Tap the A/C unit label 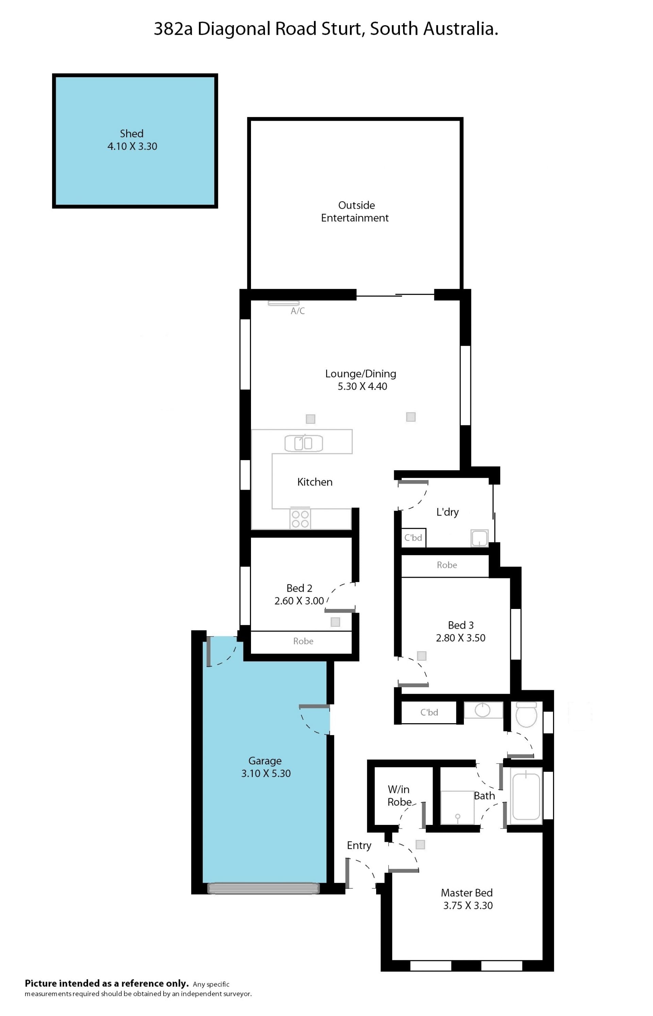pyautogui.click(x=298, y=311)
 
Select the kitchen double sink pyautogui.click(x=304, y=443)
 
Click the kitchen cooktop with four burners pyautogui.click(x=300, y=519)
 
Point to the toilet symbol pyautogui.click(x=526, y=715)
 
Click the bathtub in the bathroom pyautogui.click(x=526, y=796)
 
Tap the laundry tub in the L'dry pyautogui.click(x=480, y=538)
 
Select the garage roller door pyautogui.click(x=263, y=888)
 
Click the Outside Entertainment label pyautogui.click(x=355, y=211)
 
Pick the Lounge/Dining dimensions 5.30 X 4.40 pyautogui.click(x=363, y=386)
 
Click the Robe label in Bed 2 pyautogui.click(x=303, y=641)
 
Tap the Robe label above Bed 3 pyautogui.click(x=447, y=565)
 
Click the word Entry pyautogui.click(x=359, y=846)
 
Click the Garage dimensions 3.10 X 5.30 pyautogui.click(x=266, y=774)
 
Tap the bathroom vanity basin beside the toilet pyautogui.click(x=483, y=710)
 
